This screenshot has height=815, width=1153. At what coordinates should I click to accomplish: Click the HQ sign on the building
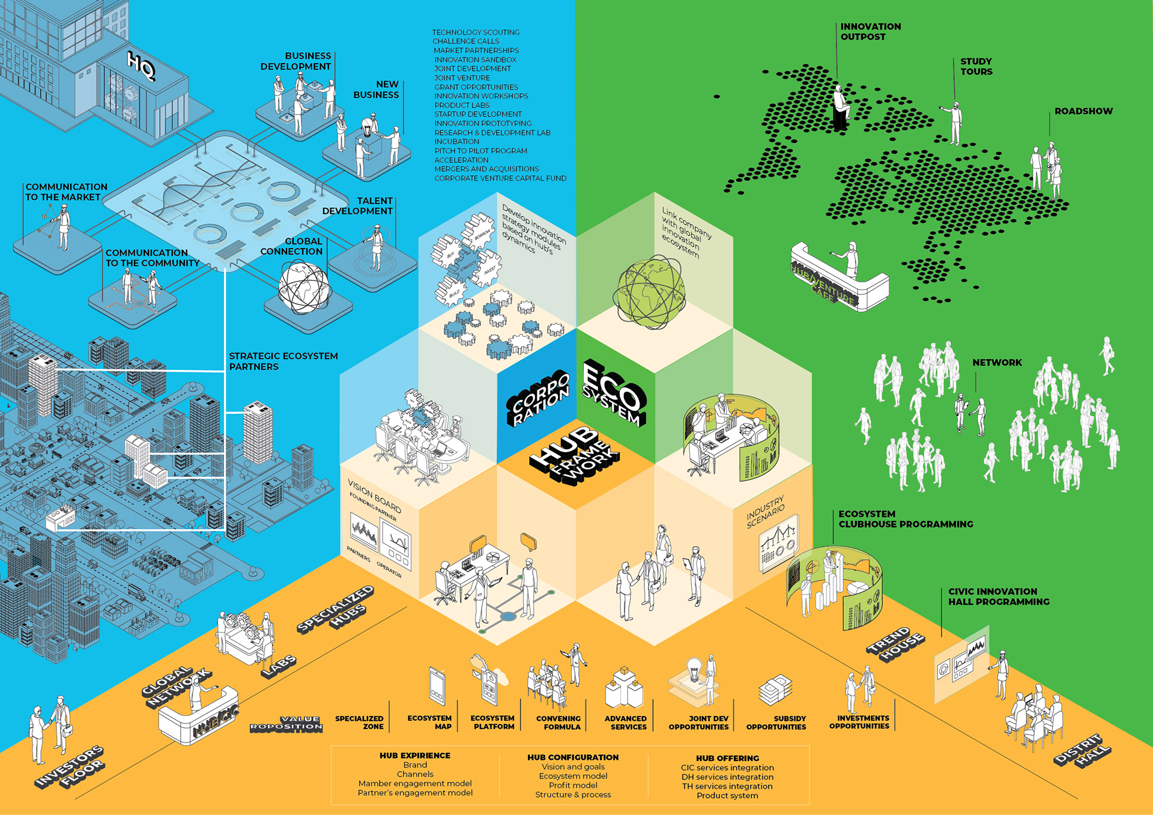click(141, 65)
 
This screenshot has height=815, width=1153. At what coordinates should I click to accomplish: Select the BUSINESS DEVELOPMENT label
click(295, 61)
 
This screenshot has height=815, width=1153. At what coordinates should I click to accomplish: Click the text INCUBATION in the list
click(457, 142)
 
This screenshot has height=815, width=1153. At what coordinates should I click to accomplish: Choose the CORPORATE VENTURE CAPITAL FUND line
click(500, 178)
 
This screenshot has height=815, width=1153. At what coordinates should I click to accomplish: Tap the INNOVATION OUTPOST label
click(870, 32)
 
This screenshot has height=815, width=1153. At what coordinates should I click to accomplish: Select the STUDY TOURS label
click(976, 67)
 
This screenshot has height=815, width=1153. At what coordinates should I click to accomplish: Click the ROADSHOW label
click(1083, 111)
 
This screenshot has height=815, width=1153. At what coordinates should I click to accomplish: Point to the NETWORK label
click(997, 363)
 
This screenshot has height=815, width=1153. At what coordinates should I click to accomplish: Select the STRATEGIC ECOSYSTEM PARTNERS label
click(283, 362)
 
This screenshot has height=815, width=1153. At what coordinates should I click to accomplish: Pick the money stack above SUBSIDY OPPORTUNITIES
click(775, 691)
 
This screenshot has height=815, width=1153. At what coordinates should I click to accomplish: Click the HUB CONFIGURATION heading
click(573, 757)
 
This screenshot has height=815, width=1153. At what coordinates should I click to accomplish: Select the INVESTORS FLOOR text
click(70, 768)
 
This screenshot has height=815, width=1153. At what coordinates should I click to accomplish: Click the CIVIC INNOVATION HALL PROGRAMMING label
click(999, 597)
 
